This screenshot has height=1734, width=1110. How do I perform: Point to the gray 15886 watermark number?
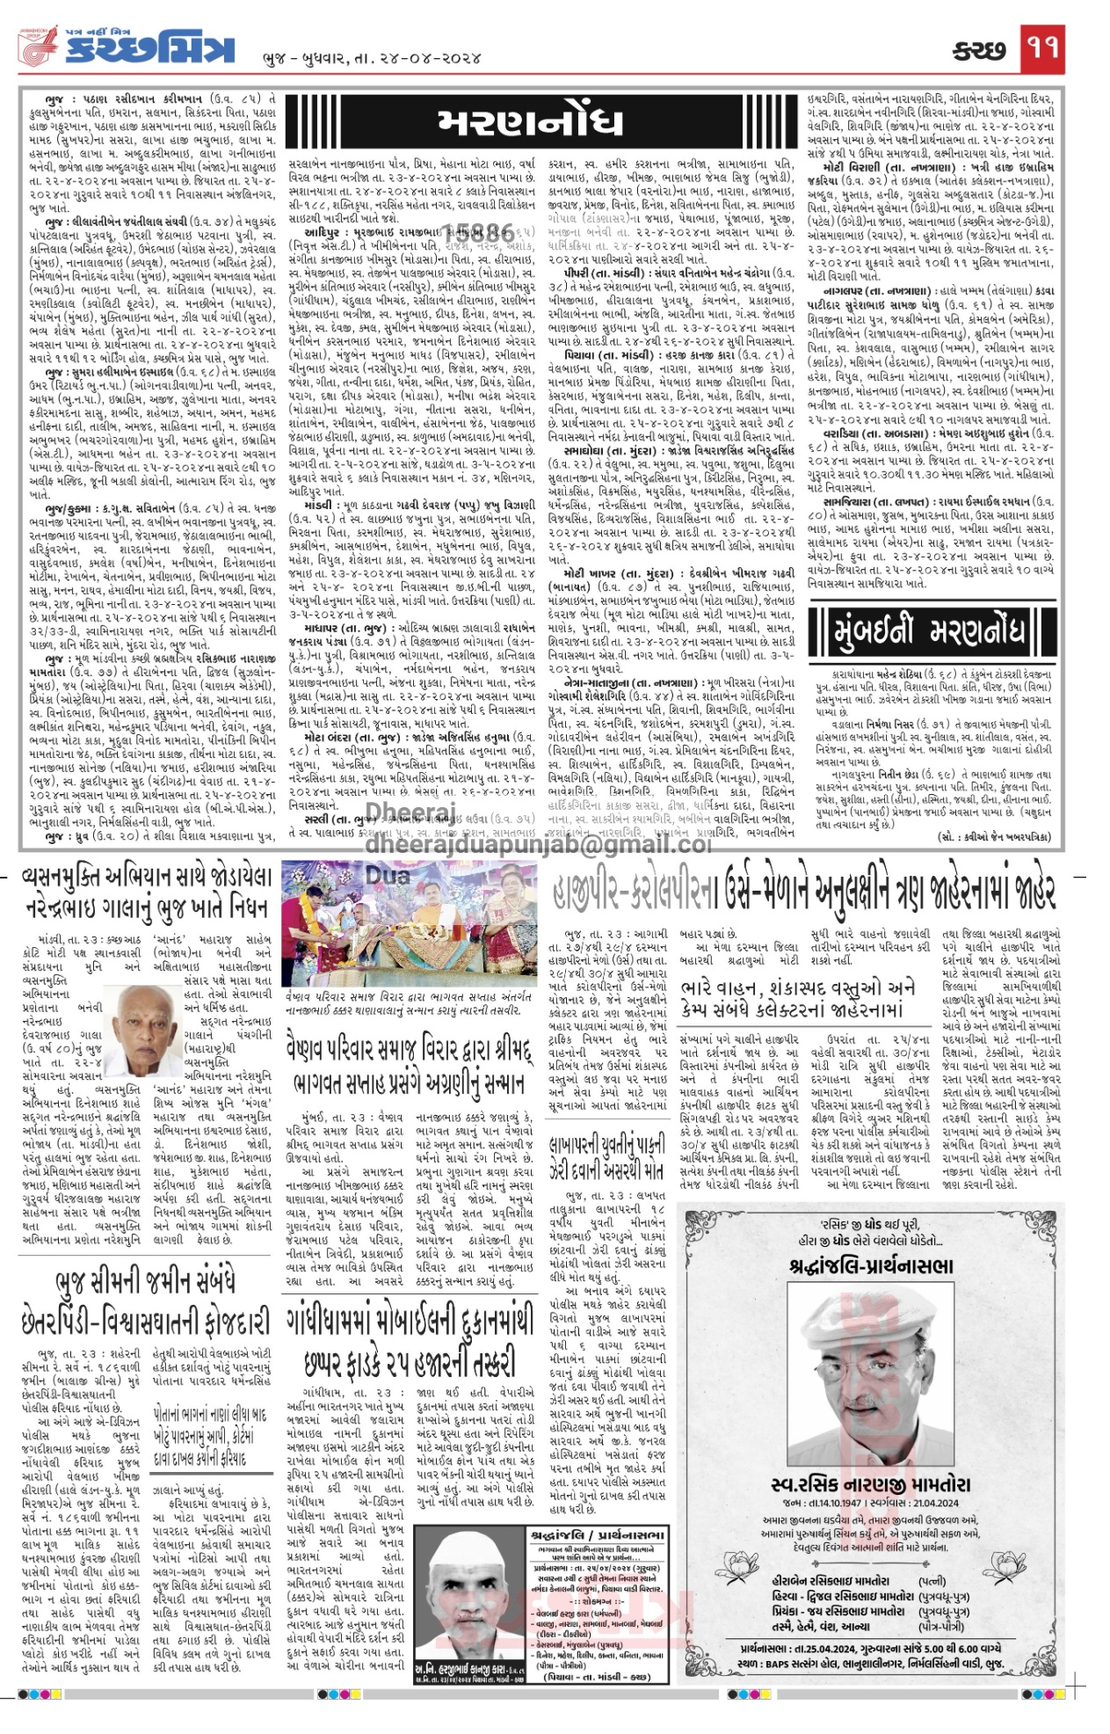482,234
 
